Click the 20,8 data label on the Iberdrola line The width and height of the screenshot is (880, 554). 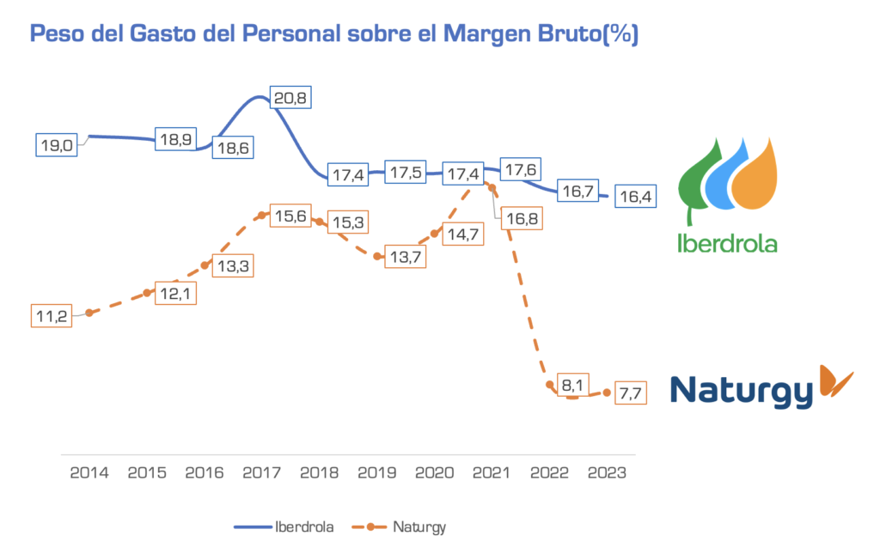[x=289, y=98]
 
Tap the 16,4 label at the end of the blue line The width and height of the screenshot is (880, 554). [x=635, y=197]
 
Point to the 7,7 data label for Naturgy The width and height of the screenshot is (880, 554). [x=630, y=393]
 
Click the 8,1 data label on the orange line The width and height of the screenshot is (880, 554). [x=572, y=385]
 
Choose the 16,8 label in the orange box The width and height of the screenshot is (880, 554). [x=523, y=219]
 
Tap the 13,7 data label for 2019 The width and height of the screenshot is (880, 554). [x=402, y=257]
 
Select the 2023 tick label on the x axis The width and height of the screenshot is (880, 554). [x=607, y=472]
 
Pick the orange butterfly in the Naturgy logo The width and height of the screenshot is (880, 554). [x=834, y=380]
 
